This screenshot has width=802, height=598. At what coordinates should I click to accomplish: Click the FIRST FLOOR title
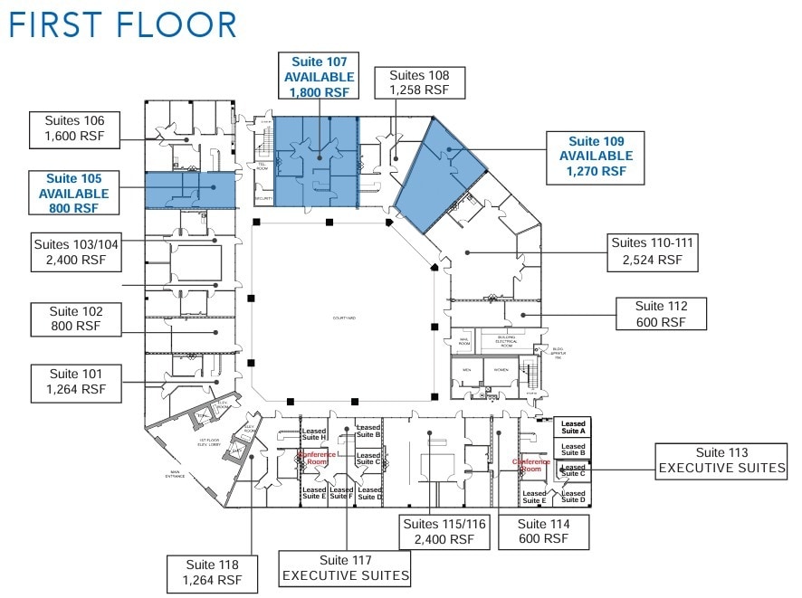pyautogui.click(x=122, y=25)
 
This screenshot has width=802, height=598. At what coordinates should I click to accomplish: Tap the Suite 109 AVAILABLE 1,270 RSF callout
pyautogui.click(x=596, y=156)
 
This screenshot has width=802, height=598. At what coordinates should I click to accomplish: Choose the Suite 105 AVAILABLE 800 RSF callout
pyautogui.click(x=73, y=193)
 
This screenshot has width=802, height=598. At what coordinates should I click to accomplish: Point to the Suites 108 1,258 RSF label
pyautogui.click(x=418, y=82)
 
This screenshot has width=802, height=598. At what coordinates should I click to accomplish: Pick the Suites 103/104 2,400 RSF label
pyautogui.click(x=75, y=252)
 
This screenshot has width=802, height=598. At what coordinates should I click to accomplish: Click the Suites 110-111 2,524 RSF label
pyautogui.click(x=652, y=251)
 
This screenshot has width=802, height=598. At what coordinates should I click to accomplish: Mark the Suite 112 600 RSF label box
pyautogui.click(x=661, y=314)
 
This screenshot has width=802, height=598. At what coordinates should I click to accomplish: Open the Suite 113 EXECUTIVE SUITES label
pyautogui.click(x=721, y=460)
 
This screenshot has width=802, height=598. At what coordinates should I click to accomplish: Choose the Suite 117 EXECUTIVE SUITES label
pyautogui.click(x=345, y=568)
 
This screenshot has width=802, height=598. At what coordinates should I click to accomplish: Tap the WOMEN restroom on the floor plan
pyautogui.click(x=500, y=370)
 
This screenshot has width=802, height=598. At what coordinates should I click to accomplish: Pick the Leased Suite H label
pyautogui.click(x=314, y=439)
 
